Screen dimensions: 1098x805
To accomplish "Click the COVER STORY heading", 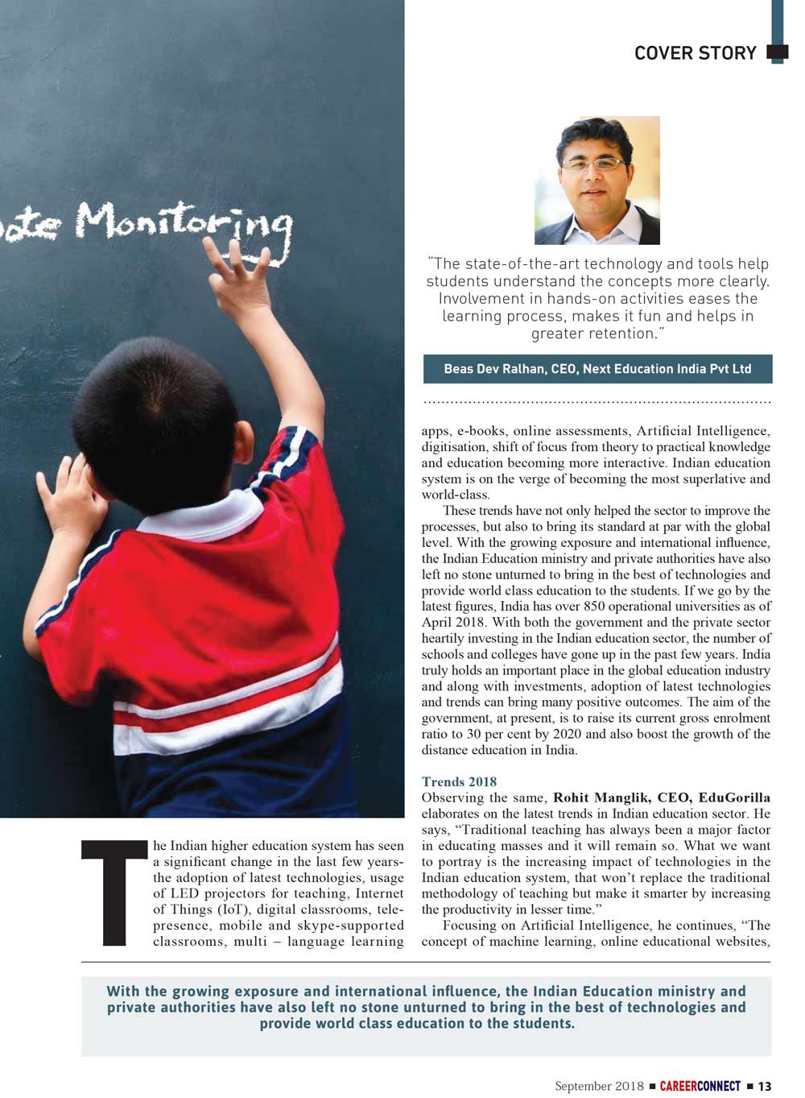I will click(695, 53).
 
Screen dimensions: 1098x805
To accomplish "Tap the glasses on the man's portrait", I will click(594, 164).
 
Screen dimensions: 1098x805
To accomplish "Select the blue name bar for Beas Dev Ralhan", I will click(597, 369).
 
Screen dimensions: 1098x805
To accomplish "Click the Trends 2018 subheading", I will click(459, 781).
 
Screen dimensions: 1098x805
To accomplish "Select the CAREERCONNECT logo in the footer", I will click(700, 1086).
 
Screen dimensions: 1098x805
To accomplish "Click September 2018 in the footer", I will click(599, 1086).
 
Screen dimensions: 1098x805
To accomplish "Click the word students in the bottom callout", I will click(539, 1024).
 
